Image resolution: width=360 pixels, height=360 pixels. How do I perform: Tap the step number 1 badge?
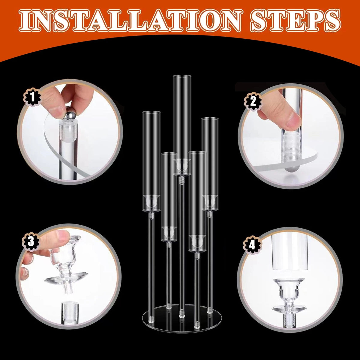[32, 97]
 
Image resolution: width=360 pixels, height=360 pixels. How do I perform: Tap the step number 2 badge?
[253, 102]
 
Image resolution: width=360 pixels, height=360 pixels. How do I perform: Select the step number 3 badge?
[31, 241]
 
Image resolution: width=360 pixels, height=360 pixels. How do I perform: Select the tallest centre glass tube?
[182, 125]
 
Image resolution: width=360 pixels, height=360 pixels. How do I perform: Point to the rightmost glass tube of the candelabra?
[210, 164]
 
